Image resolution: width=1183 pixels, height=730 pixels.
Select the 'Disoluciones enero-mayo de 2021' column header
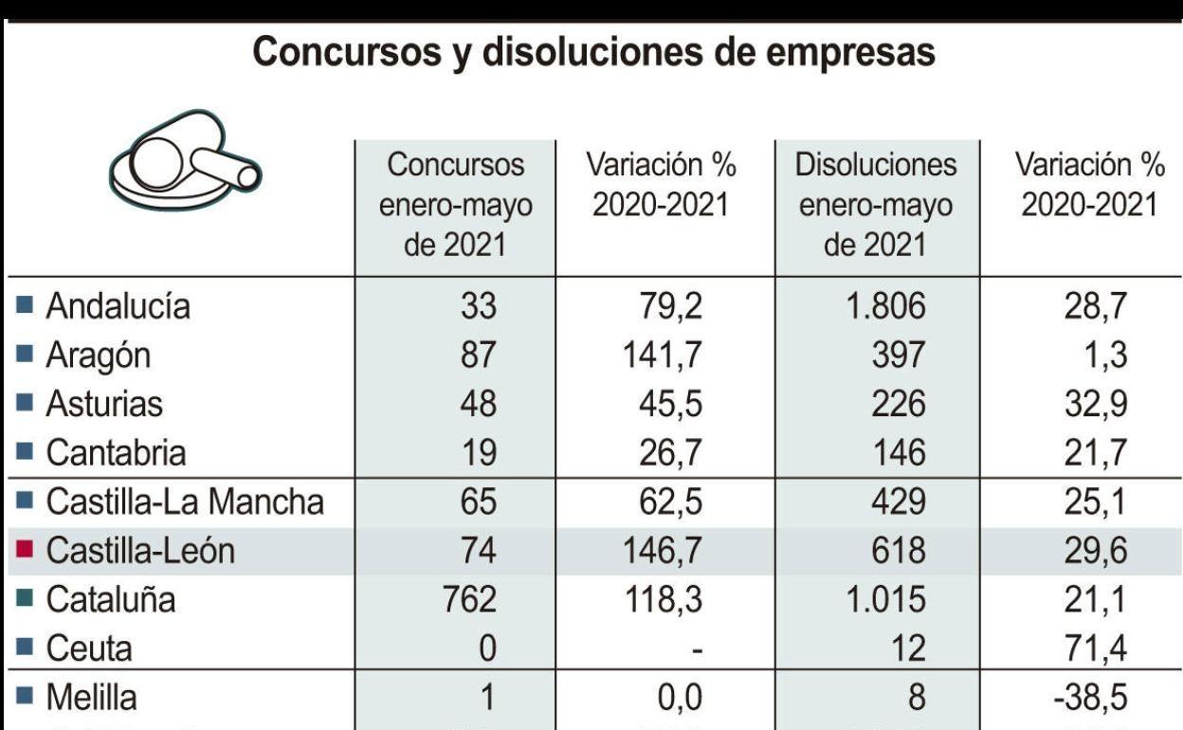876,205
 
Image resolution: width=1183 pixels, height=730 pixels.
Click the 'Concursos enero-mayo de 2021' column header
456,205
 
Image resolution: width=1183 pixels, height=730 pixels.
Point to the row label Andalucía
118,306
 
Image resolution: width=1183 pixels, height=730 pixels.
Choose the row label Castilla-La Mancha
185,502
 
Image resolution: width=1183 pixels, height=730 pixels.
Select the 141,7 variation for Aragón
660,356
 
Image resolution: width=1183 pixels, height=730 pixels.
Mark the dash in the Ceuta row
697,650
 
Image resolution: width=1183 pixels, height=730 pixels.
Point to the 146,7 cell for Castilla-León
660,551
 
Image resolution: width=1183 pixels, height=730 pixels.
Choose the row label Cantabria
116,453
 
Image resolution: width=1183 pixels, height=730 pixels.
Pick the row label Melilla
91,699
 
